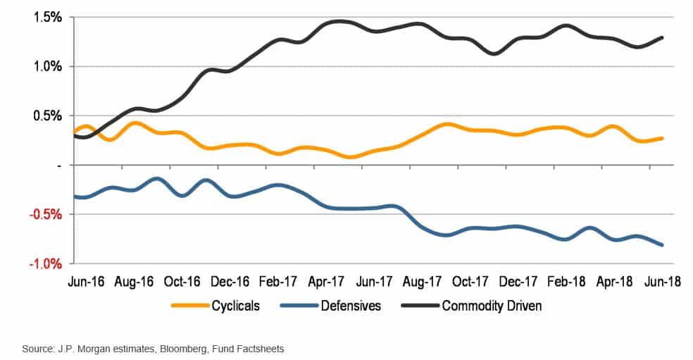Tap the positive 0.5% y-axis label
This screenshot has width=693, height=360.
[x=46, y=116]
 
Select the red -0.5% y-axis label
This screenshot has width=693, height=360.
[x=45, y=214]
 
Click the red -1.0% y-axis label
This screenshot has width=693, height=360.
[x=45, y=263]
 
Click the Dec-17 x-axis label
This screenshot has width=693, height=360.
[x=518, y=281]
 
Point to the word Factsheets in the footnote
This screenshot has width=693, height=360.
[x=259, y=348]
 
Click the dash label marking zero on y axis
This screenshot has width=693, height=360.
[x=59, y=165]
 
